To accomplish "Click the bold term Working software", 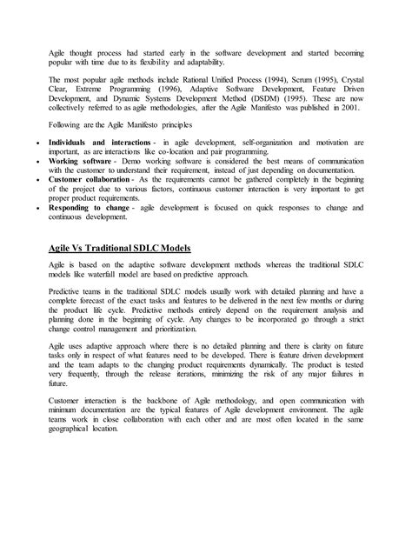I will click(80, 163).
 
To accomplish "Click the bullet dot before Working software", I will click(36, 163).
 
